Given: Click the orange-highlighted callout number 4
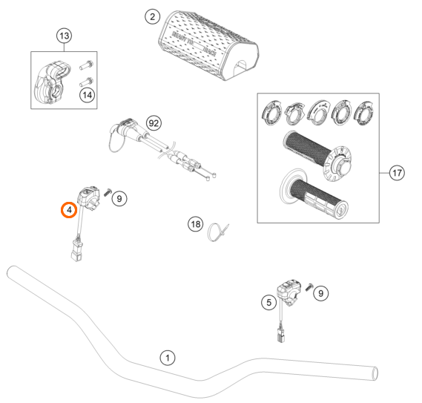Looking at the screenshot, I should pos(68,210).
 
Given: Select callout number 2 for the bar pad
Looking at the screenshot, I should pos(151,16).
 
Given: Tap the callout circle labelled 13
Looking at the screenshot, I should pos(64,36).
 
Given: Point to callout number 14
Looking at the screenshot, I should pos(88,94).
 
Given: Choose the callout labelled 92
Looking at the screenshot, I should pos(154,122).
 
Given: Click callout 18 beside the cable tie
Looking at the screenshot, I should pos(195,223).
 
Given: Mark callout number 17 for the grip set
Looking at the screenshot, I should pos(398,174).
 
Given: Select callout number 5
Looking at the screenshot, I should pos(268,301).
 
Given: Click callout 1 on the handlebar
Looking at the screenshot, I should pos(168,358).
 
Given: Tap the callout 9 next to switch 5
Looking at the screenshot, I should pos(320,295).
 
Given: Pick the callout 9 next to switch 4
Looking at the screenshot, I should pos(121,198).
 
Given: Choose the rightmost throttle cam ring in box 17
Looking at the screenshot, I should pos(366,114).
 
